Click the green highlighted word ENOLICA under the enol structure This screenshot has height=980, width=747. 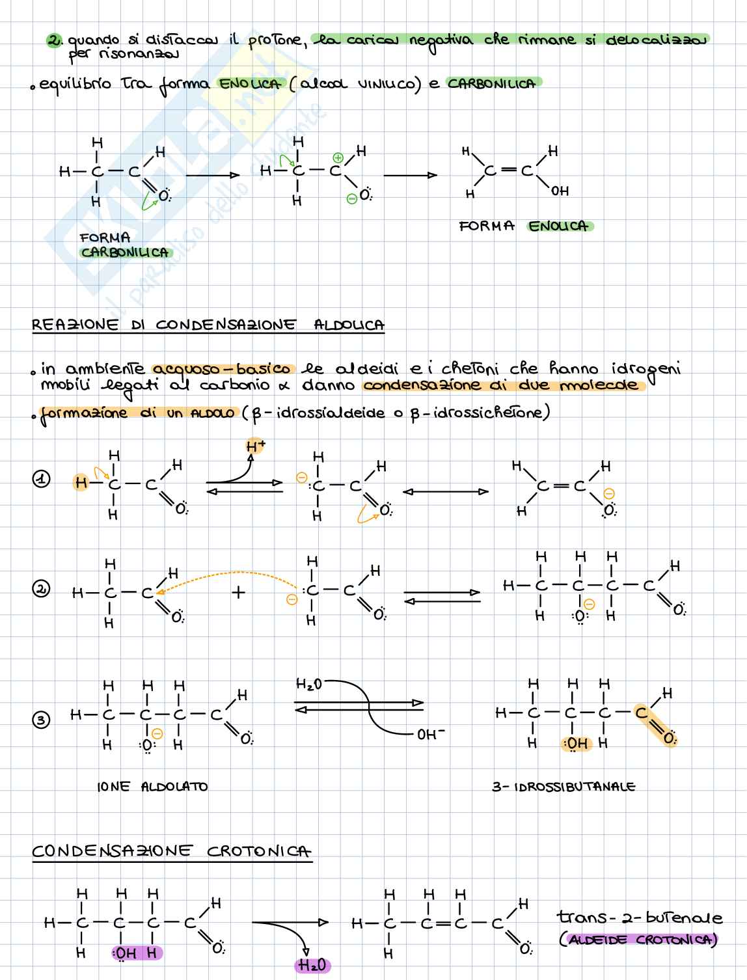(x=558, y=226)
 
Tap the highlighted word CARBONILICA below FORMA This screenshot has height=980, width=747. (x=125, y=252)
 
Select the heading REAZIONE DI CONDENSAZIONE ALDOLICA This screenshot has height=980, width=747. (x=208, y=325)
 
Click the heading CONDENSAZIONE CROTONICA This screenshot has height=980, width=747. (x=172, y=851)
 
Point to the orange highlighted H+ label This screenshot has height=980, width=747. (x=256, y=446)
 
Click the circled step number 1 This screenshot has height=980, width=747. (x=41, y=480)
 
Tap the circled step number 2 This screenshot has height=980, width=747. (x=41, y=590)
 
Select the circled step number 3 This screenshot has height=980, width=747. (x=41, y=720)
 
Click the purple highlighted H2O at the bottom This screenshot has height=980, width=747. (x=313, y=966)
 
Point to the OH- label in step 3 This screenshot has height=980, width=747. (x=431, y=734)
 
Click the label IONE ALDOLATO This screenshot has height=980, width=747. (x=152, y=787)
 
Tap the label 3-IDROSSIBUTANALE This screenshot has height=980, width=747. (x=564, y=787)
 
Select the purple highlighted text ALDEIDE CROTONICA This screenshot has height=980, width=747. (x=638, y=940)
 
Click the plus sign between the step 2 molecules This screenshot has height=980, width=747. (x=239, y=593)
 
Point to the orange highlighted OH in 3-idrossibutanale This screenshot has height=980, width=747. (x=575, y=744)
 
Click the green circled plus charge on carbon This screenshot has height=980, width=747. (x=338, y=157)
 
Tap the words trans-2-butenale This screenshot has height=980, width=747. (x=639, y=918)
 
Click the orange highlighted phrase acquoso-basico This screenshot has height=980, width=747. (x=223, y=369)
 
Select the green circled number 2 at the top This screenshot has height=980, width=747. (x=55, y=40)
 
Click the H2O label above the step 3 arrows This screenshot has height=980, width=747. (x=309, y=684)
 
